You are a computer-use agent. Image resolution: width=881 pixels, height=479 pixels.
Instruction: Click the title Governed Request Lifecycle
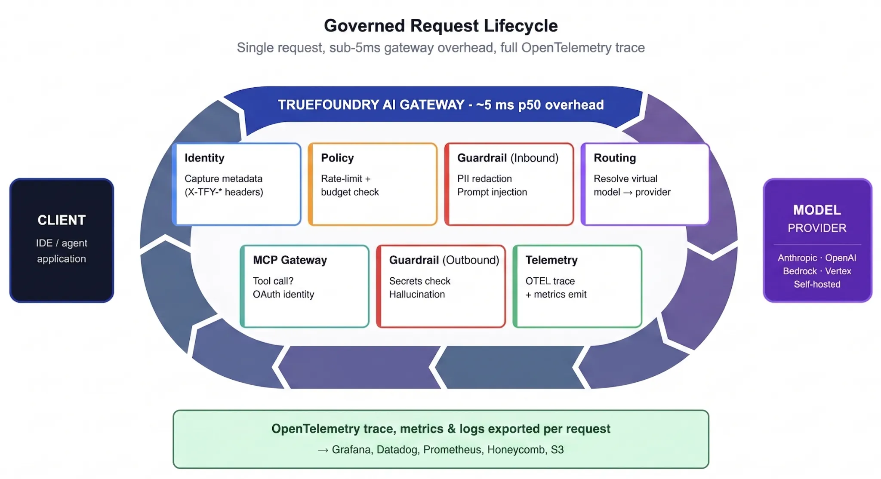tap(440, 26)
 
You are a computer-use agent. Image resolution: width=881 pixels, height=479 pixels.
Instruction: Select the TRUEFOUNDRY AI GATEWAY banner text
tap(440, 104)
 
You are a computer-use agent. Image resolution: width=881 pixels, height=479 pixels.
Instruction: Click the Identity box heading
tap(204, 158)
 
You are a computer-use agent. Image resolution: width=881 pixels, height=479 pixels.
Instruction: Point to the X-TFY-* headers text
tap(224, 192)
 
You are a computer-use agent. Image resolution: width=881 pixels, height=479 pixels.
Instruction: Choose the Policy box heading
tap(337, 158)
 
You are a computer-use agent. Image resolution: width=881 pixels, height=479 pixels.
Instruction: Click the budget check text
tap(350, 192)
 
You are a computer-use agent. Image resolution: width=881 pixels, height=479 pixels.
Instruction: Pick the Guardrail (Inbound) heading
tap(508, 158)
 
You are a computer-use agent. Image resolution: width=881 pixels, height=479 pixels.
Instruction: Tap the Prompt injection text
tap(492, 192)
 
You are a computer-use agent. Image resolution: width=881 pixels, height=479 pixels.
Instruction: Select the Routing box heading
tap(615, 158)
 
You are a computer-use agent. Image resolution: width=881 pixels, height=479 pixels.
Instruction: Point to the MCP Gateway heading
tap(290, 260)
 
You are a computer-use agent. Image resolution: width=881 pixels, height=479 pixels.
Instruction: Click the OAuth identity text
tap(283, 294)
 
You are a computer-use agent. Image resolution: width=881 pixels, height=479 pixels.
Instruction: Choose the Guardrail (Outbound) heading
tap(444, 260)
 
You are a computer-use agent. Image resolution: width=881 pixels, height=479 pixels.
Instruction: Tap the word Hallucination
tap(417, 294)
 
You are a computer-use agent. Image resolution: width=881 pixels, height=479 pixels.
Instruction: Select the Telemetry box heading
tap(551, 260)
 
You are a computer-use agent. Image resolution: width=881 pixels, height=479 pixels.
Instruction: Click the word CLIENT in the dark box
tap(62, 220)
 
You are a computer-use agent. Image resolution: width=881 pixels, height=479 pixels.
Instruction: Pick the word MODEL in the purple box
tap(817, 210)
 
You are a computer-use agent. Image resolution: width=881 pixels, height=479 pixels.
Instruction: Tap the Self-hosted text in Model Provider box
tap(817, 284)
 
